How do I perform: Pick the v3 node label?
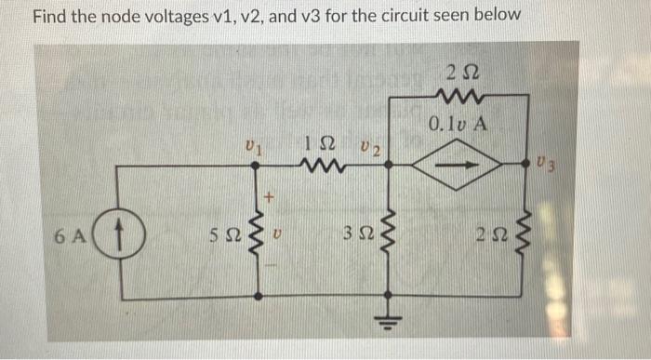point(548,166)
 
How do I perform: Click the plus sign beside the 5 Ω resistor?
point(271,196)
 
